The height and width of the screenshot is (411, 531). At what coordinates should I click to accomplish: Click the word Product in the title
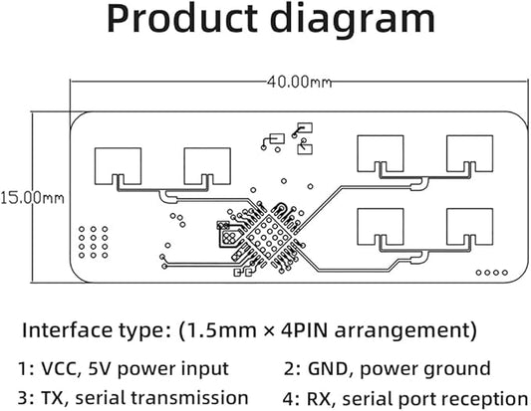click(x=182, y=19)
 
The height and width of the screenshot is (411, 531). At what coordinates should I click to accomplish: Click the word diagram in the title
click(x=353, y=21)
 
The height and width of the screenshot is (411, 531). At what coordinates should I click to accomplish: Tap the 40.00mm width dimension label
click(x=299, y=82)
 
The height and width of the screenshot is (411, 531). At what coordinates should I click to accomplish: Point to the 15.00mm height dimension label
click(x=32, y=198)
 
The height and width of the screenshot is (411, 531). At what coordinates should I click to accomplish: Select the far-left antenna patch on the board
click(x=118, y=166)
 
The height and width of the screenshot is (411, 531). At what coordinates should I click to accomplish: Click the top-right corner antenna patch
click(x=469, y=154)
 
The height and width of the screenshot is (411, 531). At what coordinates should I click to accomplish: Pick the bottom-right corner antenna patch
click(x=469, y=227)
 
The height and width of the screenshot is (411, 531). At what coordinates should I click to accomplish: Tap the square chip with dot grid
click(x=270, y=237)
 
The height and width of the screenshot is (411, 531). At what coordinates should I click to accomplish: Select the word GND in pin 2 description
click(x=328, y=369)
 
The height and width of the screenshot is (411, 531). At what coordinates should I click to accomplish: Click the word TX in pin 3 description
click(x=52, y=398)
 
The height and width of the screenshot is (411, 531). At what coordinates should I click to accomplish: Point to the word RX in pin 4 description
click(x=319, y=398)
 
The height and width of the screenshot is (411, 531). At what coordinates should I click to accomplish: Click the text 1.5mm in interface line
click(x=218, y=330)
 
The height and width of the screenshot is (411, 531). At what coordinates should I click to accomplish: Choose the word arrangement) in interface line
click(x=405, y=330)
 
